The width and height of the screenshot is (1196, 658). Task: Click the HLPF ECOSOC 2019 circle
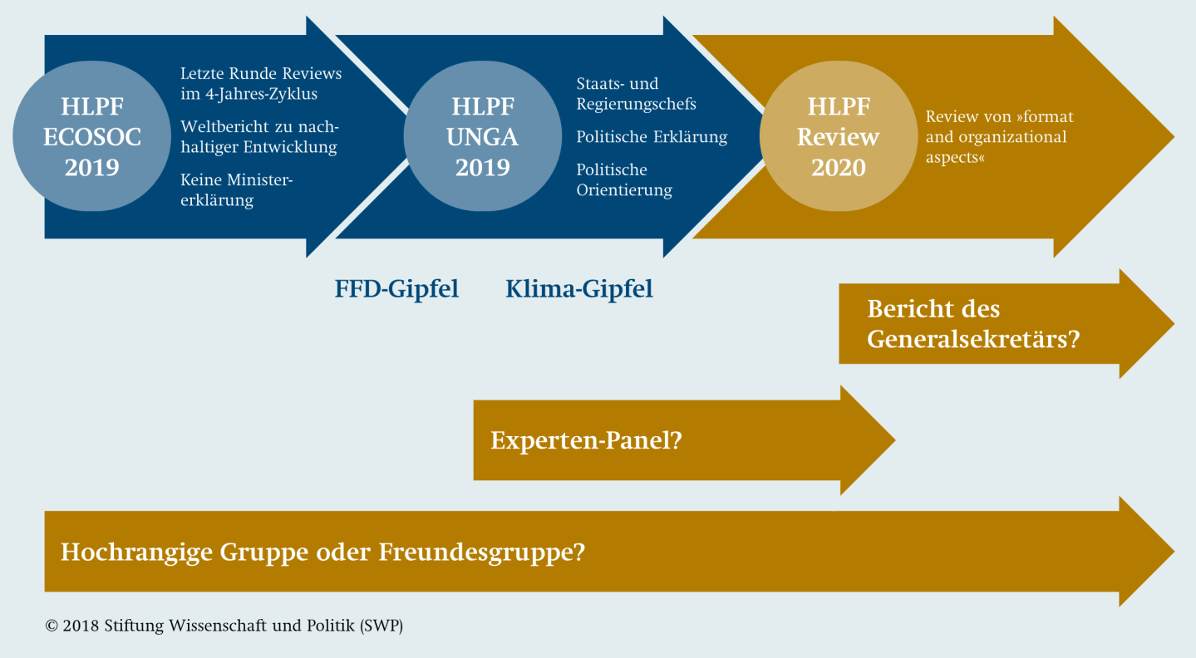click(91, 136)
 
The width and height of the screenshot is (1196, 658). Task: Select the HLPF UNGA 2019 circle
click(483, 136)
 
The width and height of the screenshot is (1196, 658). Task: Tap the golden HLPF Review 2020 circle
click(839, 136)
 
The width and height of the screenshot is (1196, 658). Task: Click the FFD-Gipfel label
click(396, 289)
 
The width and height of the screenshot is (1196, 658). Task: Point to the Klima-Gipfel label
click(579, 289)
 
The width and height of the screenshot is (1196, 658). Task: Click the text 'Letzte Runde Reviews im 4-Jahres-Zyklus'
click(261, 83)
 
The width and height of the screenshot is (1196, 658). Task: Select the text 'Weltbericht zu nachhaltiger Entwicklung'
click(259, 136)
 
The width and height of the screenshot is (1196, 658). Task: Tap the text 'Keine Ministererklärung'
click(237, 190)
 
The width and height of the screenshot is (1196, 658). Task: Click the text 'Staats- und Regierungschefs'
click(636, 93)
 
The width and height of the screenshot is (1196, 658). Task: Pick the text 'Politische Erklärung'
click(652, 136)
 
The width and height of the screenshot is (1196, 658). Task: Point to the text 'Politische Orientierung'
click(624, 179)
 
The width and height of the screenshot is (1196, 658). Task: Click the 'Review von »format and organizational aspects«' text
click(1000, 136)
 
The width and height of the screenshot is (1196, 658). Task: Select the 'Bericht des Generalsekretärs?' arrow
click(1007, 324)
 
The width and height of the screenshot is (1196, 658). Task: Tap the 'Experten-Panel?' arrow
click(684, 440)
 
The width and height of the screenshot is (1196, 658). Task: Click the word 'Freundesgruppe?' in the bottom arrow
click(482, 552)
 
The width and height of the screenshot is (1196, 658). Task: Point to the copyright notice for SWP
click(224, 626)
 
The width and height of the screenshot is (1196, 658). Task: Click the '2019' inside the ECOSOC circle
click(91, 168)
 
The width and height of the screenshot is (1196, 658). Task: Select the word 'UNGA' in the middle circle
click(483, 137)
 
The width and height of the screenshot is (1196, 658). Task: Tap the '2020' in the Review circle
click(839, 168)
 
